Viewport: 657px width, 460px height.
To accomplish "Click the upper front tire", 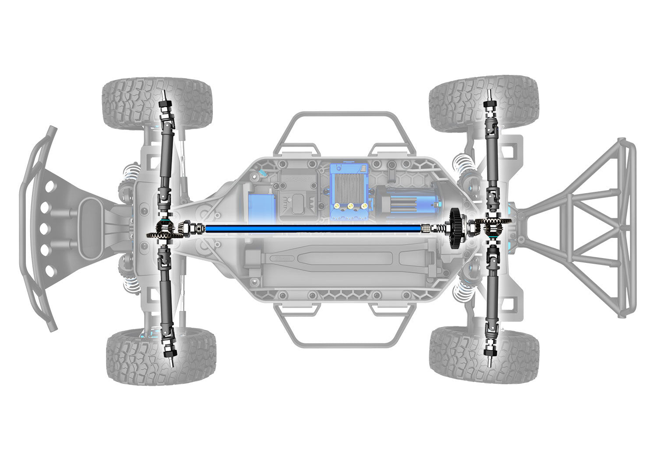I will [157, 103].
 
